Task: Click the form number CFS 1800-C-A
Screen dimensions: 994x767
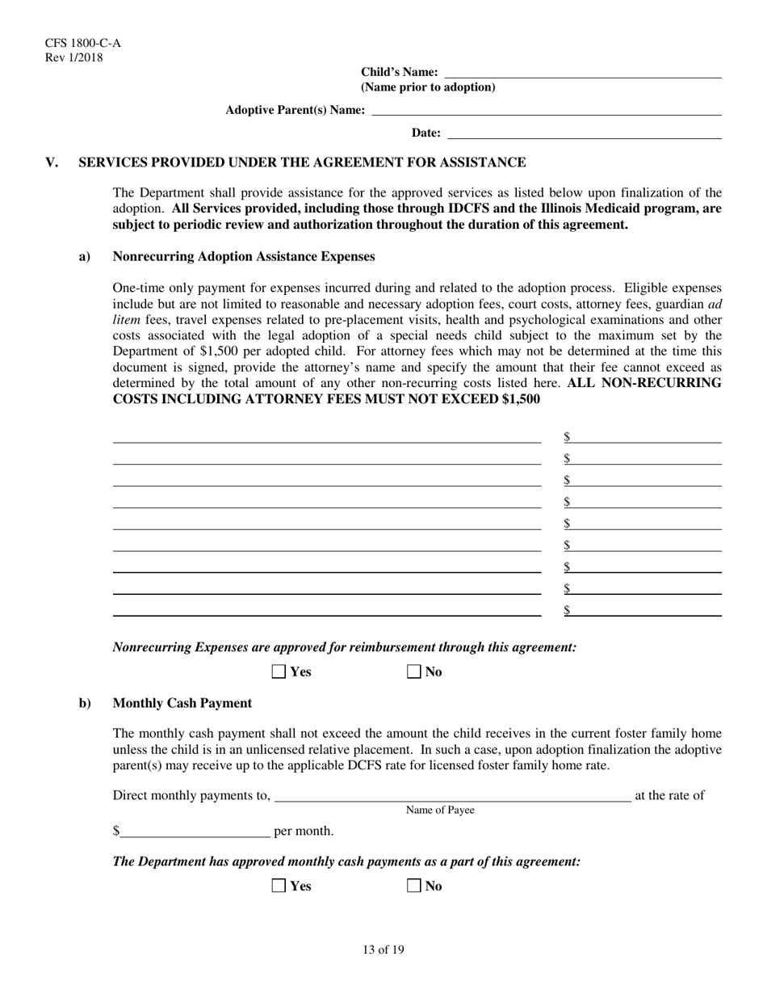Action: click(x=78, y=44)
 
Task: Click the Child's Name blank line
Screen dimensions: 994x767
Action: click(x=583, y=73)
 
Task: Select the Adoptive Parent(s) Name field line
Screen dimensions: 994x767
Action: click(x=546, y=110)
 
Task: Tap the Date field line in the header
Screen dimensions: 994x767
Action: click(x=583, y=133)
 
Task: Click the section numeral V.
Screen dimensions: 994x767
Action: click(x=52, y=162)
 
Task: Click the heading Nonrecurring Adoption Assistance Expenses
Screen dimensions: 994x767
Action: click(x=244, y=256)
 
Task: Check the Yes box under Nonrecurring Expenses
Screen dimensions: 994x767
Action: click(x=279, y=672)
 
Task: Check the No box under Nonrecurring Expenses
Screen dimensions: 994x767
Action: click(x=414, y=672)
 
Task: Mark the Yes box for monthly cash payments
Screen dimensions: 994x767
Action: click(x=279, y=886)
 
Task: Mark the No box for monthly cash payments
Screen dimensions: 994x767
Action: click(x=414, y=886)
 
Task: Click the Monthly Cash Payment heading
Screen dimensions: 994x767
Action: click(x=182, y=703)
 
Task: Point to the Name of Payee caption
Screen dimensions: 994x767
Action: click(x=440, y=810)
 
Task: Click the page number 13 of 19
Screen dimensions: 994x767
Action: click(x=383, y=950)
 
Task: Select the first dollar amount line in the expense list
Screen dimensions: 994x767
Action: click(x=646, y=438)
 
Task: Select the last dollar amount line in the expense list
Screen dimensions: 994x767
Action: click(x=646, y=611)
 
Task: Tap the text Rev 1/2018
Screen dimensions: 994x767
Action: click(x=74, y=57)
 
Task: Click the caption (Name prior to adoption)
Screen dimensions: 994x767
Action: click(x=428, y=87)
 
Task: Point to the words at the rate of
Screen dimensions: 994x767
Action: click(x=670, y=795)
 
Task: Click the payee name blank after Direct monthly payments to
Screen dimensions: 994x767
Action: click(x=452, y=797)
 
